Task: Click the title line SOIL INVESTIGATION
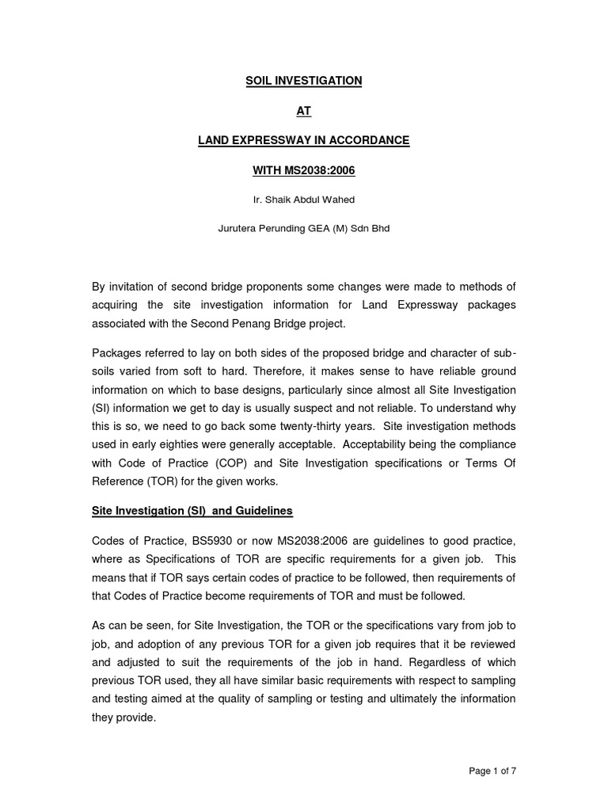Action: click(303, 81)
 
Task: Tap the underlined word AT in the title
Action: click(303, 111)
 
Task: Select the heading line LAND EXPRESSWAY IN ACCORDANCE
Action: click(303, 141)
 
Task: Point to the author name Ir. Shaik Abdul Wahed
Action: click(303, 199)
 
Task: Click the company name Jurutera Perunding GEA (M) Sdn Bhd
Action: click(303, 228)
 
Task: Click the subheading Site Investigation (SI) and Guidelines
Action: click(192, 512)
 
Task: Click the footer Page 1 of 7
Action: click(492, 770)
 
